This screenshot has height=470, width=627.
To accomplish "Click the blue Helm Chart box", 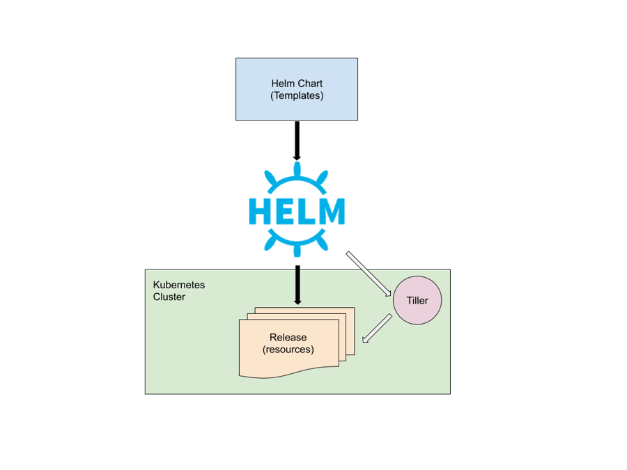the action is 297,89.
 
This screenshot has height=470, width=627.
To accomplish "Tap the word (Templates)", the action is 297,95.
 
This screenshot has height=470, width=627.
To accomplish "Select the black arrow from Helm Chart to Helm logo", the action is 297,141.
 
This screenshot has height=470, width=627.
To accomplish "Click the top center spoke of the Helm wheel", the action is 297,169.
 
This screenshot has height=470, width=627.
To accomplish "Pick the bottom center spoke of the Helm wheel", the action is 297,249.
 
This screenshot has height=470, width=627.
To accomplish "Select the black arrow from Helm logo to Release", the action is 297,285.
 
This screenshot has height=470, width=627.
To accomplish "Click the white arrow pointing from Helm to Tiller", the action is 369,274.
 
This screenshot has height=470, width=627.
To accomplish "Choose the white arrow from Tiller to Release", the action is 377,328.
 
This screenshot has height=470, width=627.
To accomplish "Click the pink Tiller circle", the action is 417,300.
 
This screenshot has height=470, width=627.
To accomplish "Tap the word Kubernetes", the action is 179,285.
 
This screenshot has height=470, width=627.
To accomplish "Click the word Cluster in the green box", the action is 169,297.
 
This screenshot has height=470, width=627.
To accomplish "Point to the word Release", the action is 288,337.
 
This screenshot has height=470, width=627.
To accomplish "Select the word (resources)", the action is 288,350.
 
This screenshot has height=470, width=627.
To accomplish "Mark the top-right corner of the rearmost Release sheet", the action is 355,307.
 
